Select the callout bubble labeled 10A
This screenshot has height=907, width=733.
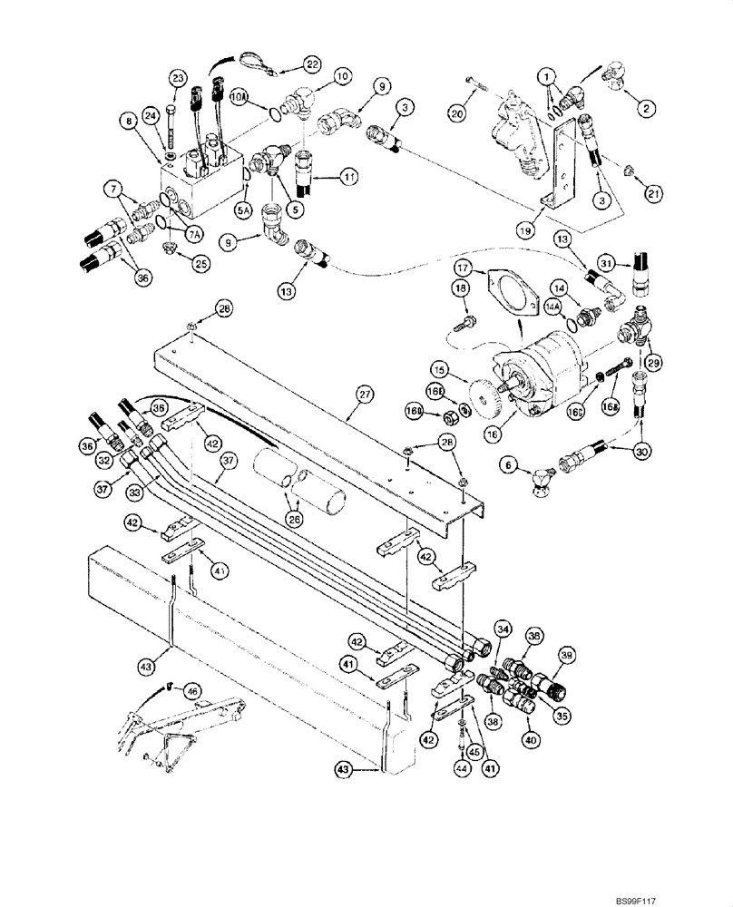[239, 94]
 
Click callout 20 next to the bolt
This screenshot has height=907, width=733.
[456, 113]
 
